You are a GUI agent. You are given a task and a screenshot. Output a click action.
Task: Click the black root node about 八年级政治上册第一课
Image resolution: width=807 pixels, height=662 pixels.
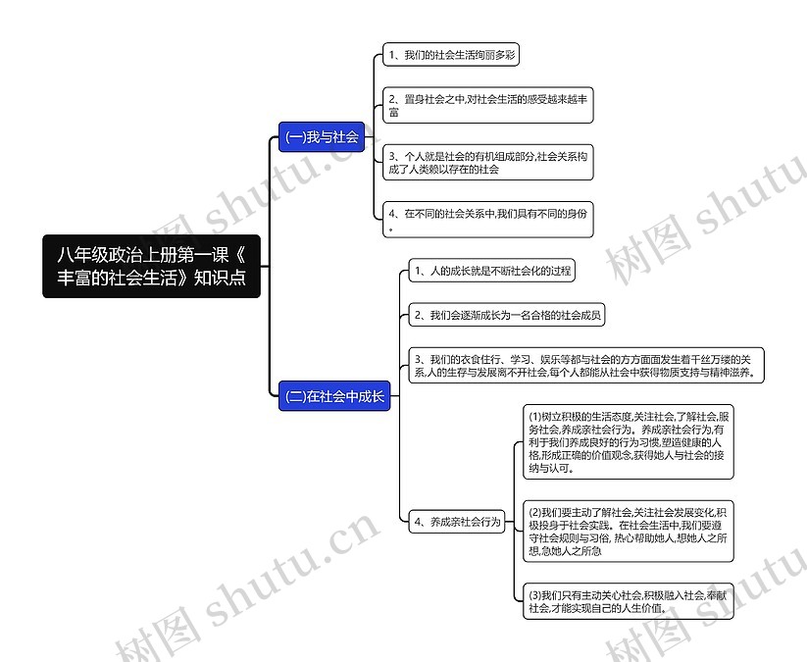coord(152,265)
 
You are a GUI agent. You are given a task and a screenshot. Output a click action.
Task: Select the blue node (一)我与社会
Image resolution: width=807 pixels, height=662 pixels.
coord(322,137)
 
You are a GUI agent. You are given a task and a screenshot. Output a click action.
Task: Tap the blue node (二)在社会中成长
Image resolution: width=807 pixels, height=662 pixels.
coord(335,397)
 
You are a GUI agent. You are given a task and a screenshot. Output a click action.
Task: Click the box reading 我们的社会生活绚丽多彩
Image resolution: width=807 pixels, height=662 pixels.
coord(450,56)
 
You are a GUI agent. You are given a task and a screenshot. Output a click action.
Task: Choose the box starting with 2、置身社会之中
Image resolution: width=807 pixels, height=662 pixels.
coord(487,106)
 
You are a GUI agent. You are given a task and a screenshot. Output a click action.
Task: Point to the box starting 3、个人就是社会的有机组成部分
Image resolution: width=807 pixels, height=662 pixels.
coord(487,162)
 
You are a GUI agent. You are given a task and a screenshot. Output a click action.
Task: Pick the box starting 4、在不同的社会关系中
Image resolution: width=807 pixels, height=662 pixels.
coord(487,220)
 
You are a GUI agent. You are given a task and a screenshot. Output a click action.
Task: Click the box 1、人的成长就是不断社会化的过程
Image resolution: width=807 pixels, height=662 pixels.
coord(492,270)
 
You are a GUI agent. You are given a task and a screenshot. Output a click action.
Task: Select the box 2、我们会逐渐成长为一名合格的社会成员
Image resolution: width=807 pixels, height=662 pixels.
coord(508,315)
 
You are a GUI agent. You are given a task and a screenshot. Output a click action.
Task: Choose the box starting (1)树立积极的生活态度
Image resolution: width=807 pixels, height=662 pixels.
coord(627,442)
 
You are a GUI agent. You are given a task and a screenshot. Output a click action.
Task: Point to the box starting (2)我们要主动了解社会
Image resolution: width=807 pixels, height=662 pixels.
coord(627,532)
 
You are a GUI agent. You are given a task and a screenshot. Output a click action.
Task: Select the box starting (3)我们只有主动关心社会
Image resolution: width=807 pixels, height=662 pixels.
coord(627,601)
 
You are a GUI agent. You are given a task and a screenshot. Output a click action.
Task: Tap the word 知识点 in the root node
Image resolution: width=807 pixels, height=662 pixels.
coord(219,279)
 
